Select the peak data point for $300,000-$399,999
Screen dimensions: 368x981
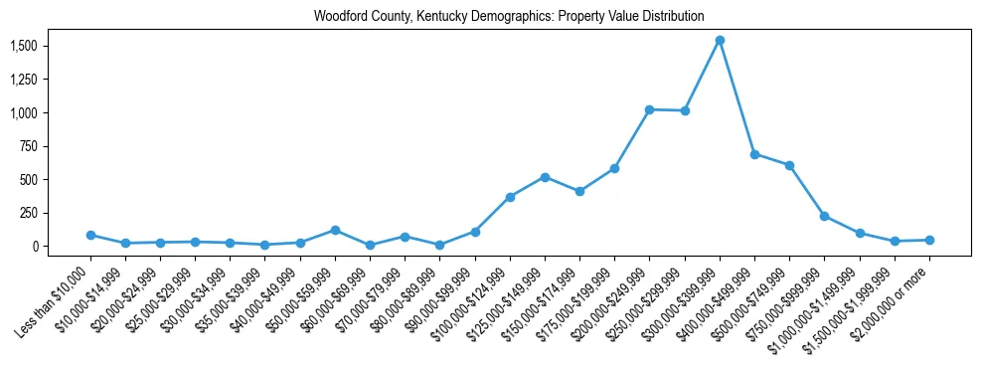[x=720, y=41]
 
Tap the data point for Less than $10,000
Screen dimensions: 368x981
[x=90, y=236]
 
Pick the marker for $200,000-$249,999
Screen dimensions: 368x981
[x=649, y=109]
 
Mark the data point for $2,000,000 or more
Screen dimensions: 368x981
[x=929, y=240]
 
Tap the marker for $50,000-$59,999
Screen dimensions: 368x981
[x=335, y=230]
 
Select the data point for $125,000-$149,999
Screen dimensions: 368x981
[x=545, y=177]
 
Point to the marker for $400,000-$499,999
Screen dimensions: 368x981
[x=754, y=154]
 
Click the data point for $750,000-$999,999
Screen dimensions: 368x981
[x=824, y=216]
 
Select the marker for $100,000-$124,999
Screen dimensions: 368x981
[x=510, y=197]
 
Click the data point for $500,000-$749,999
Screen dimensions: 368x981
[x=789, y=165]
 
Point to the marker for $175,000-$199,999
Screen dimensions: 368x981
[x=614, y=168]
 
